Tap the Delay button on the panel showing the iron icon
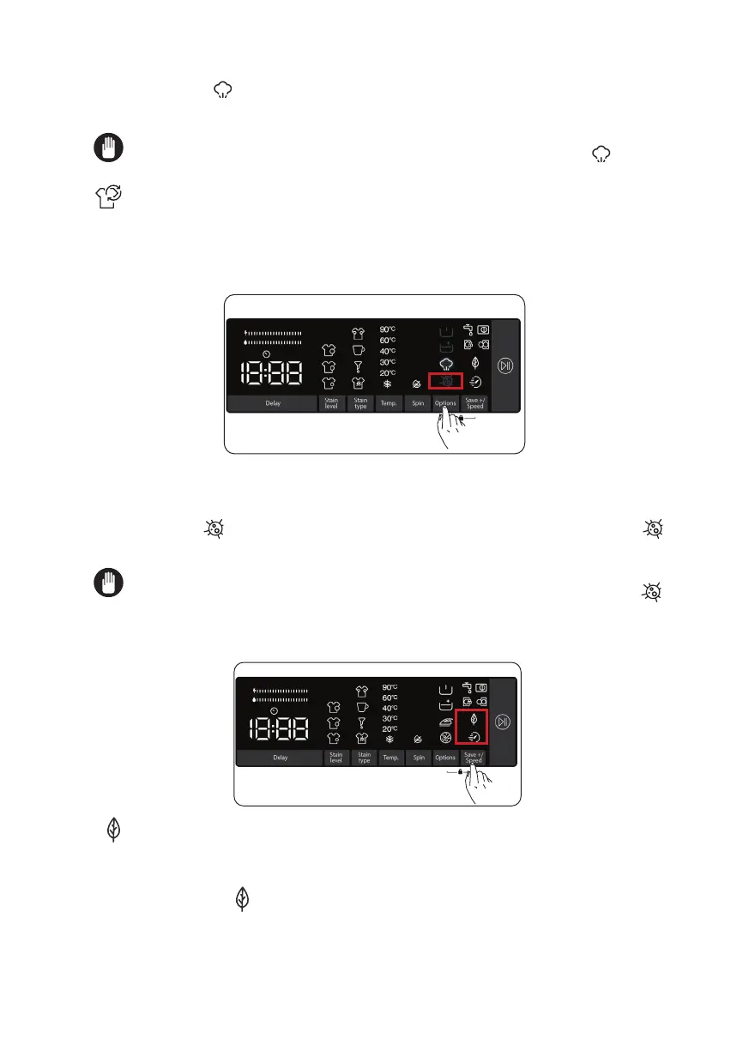281,758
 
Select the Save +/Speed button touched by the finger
473,758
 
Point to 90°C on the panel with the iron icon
390,687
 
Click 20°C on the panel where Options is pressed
388,372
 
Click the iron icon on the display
445,722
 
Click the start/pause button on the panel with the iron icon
503,722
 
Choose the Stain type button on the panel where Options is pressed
360,403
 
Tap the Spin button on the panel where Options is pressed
418,403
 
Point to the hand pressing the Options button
447,429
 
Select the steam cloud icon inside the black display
445,364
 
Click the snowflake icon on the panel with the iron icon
390,739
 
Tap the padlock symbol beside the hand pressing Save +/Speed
461,772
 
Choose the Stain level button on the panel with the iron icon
335,758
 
